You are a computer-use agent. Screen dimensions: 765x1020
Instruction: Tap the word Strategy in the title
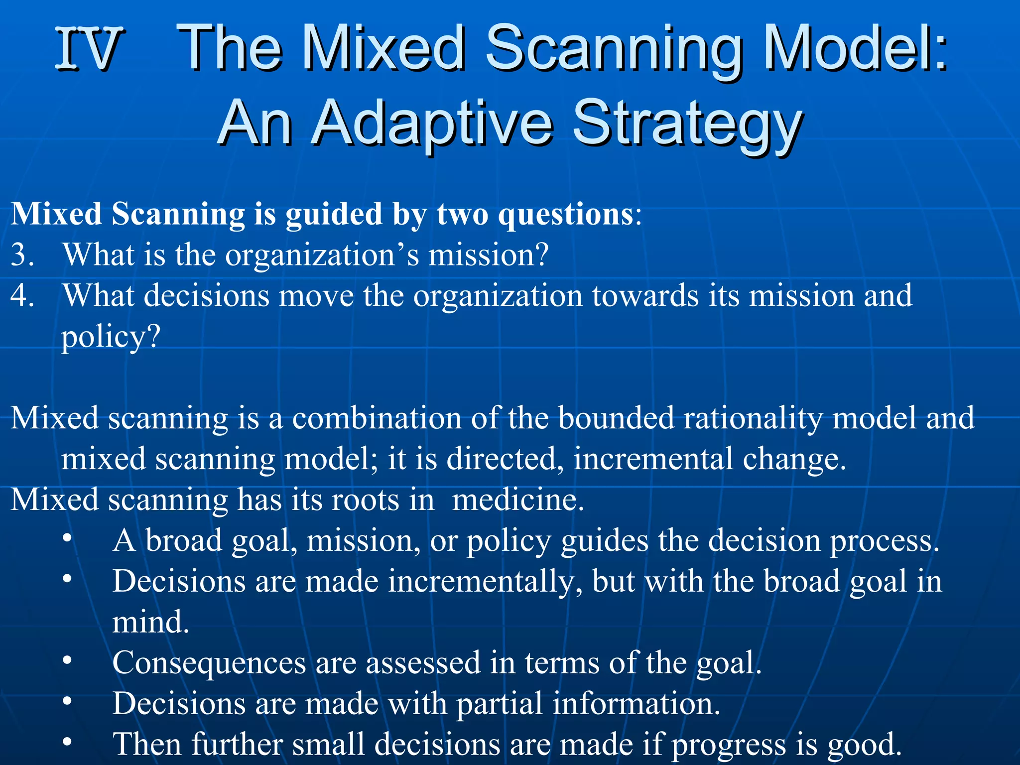687,123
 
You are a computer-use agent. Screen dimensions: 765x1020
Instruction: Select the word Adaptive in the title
433,123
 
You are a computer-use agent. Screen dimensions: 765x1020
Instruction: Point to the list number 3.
22,255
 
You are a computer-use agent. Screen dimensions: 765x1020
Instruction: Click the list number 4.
22,296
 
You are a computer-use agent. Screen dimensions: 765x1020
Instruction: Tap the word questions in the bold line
565,215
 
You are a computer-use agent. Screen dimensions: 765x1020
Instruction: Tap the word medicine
517,500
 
